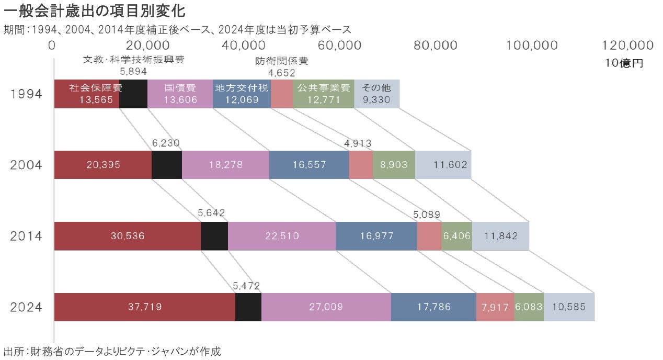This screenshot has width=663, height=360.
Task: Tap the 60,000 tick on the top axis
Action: [x=340, y=45]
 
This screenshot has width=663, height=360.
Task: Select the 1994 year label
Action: [x=26, y=95]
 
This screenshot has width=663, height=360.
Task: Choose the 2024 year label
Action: [x=26, y=307]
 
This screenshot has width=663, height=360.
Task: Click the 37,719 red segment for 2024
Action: [x=145, y=307]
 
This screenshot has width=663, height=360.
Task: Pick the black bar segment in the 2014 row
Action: [x=214, y=236]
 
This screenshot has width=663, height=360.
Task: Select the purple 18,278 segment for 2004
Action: [x=225, y=165]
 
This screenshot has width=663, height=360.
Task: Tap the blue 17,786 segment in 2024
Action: [x=433, y=307]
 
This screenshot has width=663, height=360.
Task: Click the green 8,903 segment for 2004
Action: [x=394, y=165]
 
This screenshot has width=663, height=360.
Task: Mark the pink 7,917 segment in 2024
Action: [x=495, y=307]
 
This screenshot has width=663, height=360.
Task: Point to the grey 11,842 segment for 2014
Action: [x=500, y=236]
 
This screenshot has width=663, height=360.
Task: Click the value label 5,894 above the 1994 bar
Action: [x=133, y=71]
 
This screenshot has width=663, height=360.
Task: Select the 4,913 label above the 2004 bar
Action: [x=358, y=143]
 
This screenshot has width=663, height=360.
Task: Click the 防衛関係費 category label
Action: [x=282, y=61]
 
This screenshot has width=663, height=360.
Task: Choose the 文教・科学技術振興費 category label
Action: [x=134, y=60]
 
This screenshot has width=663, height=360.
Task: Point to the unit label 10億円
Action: [x=624, y=64]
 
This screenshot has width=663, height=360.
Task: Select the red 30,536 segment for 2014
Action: [x=128, y=236]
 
